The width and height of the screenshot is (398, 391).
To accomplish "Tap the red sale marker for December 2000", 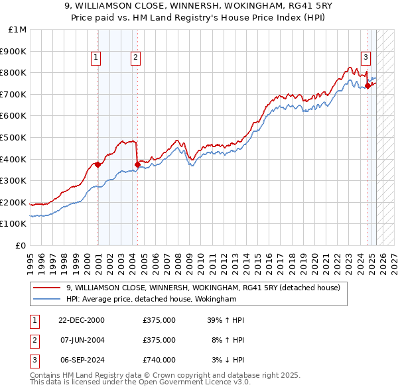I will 98,164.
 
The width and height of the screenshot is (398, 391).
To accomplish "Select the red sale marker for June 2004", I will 137,164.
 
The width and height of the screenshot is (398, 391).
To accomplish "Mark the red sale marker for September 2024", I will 367,85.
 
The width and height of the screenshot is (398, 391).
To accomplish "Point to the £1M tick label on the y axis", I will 17,30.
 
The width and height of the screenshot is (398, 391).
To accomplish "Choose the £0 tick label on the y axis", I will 21,245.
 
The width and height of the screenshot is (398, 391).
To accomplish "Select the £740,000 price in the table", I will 159,360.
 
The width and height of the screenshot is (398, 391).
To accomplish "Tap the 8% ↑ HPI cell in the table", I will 228,340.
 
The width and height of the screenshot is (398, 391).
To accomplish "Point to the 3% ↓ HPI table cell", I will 228,360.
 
